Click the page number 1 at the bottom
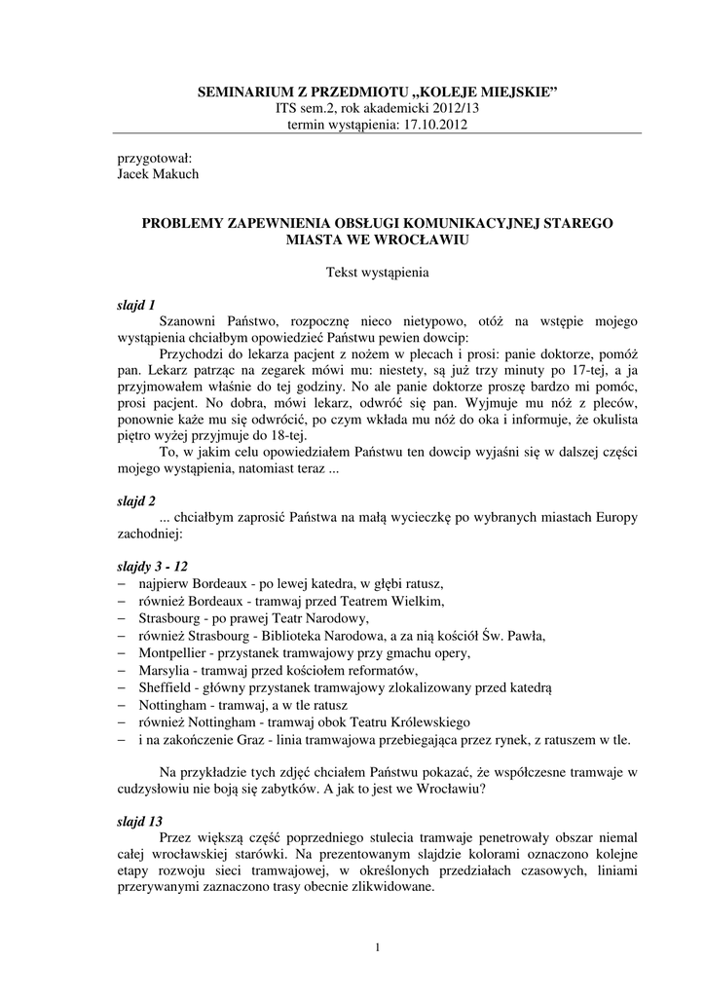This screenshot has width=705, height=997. coord(376,947)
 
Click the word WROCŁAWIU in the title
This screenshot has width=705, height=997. coord(424,239)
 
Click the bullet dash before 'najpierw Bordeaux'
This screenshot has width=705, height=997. coord(123,583)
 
